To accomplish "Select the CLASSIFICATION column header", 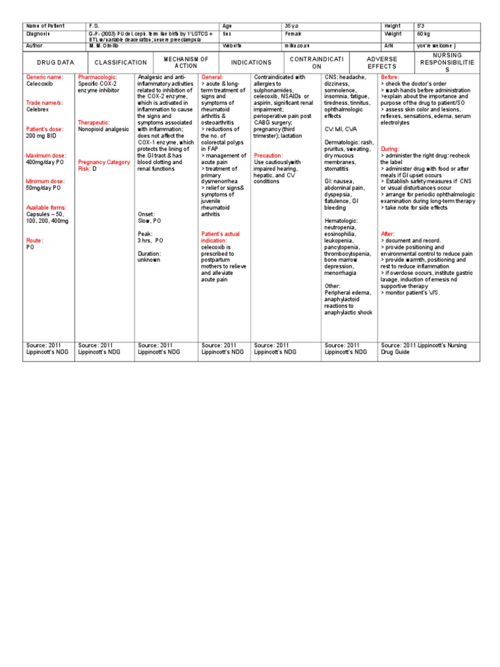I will coord(121,63).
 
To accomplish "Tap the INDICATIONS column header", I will coord(251,63).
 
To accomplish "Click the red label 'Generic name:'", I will coord(45,77).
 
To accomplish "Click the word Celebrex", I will coord(38,109).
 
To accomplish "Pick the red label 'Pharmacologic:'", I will coord(98,77).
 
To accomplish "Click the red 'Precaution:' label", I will coord(268,156).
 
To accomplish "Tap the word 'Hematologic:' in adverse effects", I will coord(342,220).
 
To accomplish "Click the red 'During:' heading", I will coord(391,149).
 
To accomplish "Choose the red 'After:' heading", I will coord(387,234).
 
